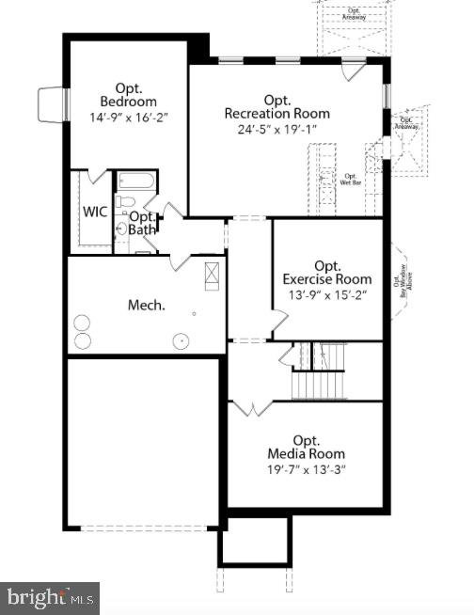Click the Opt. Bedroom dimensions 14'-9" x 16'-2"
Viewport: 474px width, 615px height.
[128, 119]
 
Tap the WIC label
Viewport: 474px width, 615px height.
[94, 211]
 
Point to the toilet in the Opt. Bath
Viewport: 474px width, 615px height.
[123, 202]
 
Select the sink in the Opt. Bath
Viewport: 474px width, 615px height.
[122, 229]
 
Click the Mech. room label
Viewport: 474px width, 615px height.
[147, 305]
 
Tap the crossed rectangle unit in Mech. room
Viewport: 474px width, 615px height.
[212, 276]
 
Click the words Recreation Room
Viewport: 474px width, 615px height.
[277, 114]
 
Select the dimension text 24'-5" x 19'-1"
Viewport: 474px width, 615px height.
[277, 129]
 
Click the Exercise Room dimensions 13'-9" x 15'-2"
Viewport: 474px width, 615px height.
[327, 294]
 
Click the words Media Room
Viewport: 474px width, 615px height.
[306, 454]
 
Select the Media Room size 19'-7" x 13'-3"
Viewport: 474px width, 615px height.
[306, 469]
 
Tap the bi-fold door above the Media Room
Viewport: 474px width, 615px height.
[251, 407]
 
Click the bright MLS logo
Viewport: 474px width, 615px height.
[50, 597]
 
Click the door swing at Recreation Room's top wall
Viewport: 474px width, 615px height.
[352, 70]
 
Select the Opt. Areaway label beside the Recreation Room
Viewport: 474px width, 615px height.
[407, 121]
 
